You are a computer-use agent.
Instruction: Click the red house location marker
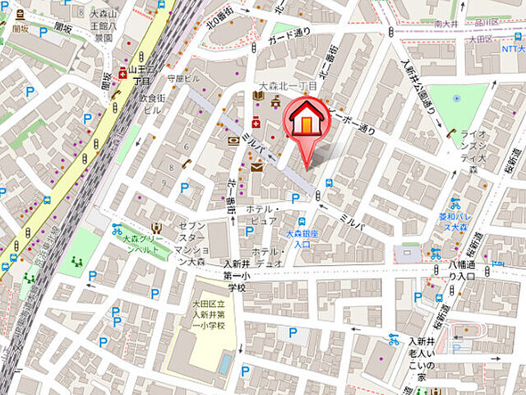pos(305,123)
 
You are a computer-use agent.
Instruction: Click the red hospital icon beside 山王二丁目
pos(122,72)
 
